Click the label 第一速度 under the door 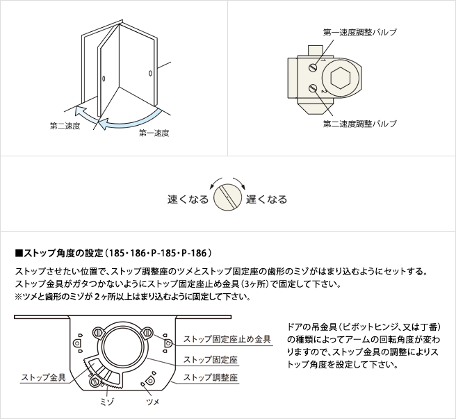tap(154, 133)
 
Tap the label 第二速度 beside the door tap(65, 126)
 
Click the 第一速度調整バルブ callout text tap(360, 32)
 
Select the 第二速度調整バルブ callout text tap(360, 124)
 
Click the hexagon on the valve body tap(340, 78)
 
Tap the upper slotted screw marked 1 tap(313, 68)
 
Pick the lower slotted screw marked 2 tap(313, 88)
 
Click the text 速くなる tap(188, 199)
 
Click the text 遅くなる tap(267, 199)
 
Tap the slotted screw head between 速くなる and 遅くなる tap(228, 197)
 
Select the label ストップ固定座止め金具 tap(227, 339)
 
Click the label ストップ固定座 tap(211, 360)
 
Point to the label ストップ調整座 tap(211, 377)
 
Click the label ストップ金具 tap(44, 377)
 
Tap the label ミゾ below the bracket tap(106, 402)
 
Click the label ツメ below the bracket tap(153, 402)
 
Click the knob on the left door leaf tap(104, 79)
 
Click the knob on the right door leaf tap(150, 73)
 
